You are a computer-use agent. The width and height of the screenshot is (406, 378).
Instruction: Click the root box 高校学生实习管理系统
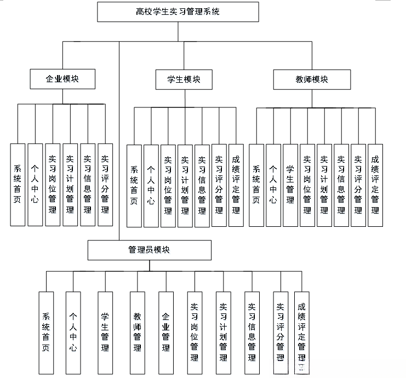178,12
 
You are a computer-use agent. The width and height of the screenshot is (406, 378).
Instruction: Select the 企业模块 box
62,79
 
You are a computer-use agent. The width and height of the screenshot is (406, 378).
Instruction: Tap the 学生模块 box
184,79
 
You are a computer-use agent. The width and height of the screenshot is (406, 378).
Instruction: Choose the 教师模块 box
312,79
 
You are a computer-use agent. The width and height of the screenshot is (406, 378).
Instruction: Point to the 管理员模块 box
149,250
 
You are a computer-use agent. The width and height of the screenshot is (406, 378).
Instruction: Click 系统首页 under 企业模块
18,185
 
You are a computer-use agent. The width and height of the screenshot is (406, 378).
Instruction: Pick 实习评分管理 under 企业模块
105,185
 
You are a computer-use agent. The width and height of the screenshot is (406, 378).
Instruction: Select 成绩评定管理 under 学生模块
236,185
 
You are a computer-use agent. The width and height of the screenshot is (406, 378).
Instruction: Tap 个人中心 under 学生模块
151,185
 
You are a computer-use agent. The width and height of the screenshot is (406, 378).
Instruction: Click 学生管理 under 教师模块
290,185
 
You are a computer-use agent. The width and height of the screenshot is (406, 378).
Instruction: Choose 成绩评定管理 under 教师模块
375,185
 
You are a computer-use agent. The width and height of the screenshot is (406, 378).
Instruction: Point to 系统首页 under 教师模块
256,185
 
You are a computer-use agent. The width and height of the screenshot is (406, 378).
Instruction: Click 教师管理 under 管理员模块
138,332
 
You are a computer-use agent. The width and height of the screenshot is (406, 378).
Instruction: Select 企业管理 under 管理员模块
166,332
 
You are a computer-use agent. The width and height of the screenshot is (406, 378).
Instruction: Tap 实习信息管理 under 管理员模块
252,332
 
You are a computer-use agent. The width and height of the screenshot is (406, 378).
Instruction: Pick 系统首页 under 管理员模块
47,332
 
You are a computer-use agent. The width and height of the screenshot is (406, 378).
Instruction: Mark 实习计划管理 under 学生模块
185,185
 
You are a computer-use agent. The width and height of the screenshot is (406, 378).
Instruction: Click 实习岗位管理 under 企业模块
53,185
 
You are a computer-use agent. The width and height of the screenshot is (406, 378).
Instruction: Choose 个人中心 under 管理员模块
73,332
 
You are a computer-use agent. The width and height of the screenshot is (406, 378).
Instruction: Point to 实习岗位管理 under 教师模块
307,185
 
